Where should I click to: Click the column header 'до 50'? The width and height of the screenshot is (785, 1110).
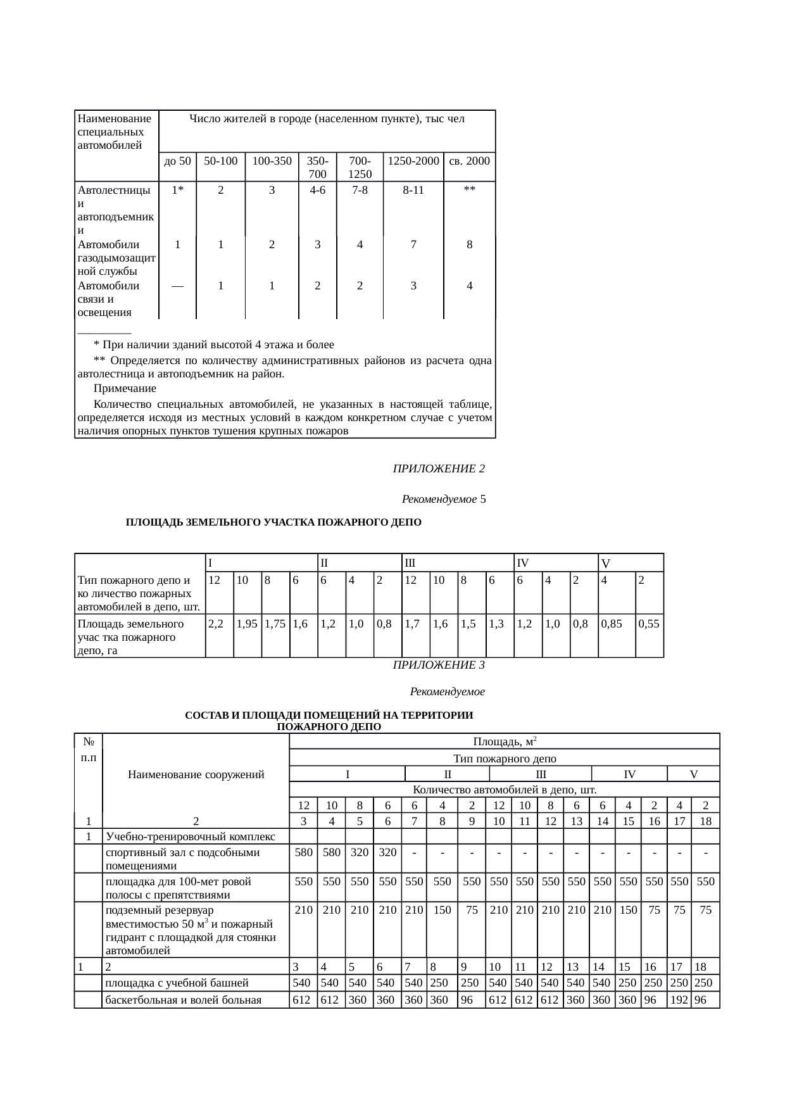click(177, 161)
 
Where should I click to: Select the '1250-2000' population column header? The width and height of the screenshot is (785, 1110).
click(413, 161)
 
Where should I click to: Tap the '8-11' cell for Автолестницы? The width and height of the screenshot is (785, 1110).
click(413, 189)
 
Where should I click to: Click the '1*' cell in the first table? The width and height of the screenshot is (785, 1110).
click(177, 189)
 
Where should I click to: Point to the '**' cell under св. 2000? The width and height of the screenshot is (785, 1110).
click(469, 189)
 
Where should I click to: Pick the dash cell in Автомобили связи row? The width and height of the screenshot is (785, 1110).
click(177, 286)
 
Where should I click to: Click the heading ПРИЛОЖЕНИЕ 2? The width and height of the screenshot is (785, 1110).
click(439, 469)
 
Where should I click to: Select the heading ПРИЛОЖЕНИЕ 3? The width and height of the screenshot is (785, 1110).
click(439, 665)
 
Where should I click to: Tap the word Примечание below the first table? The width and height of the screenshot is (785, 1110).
click(125, 388)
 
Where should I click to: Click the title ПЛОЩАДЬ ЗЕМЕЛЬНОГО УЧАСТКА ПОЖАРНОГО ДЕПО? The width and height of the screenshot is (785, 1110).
click(273, 522)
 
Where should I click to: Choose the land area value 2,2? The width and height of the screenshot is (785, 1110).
click(215, 624)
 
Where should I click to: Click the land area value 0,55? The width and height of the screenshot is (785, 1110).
click(649, 624)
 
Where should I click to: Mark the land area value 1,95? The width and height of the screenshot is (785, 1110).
click(246, 624)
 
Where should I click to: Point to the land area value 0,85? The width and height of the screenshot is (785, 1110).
click(612, 624)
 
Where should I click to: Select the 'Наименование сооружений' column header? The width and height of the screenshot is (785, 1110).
click(196, 774)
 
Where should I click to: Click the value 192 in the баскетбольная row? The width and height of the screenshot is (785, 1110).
click(679, 1000)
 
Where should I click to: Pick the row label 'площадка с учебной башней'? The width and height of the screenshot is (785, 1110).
click(177, 983)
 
